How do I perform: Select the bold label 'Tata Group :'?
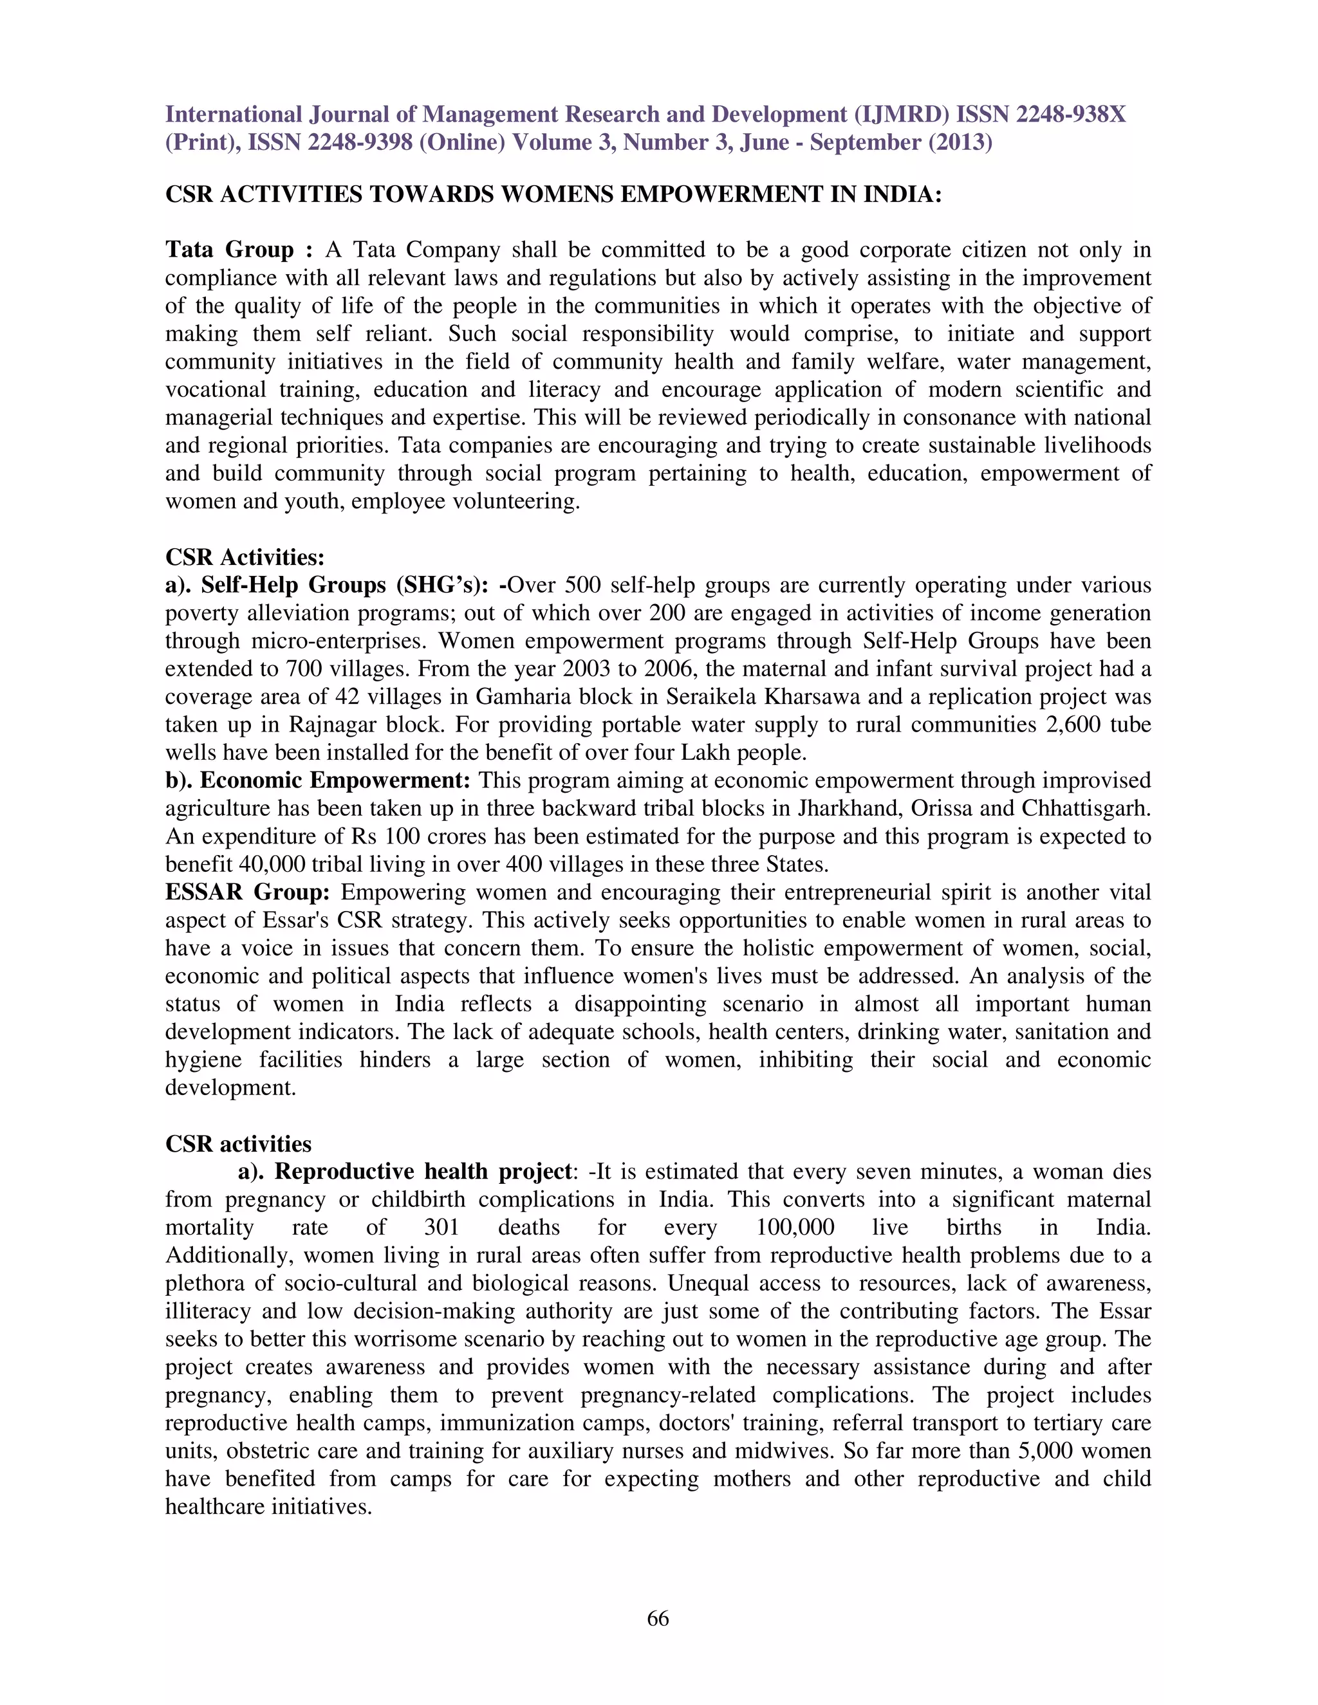(238, 250)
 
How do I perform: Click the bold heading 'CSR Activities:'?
(245, 557)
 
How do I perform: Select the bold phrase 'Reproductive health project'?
(423, 1172)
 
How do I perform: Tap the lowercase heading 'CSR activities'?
(238, 1145)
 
